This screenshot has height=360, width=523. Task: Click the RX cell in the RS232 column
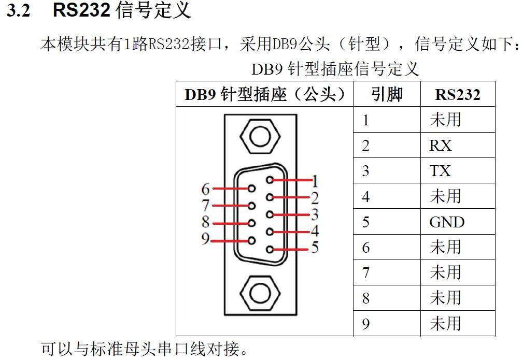[x=441, y=146]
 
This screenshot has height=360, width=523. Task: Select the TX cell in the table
[x=440, y=171]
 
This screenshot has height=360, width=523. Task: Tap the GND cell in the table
[x=446, y=222]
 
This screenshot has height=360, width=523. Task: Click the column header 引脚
[x=387, y=94]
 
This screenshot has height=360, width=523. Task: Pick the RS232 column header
[x=457, y=94]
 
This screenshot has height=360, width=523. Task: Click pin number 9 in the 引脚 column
[x=366, y=324]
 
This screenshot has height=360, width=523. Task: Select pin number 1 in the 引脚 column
[x=366, y=120]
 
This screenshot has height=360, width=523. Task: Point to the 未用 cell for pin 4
[x=445, y=196]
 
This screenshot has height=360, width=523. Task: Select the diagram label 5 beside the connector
[x=315, y=248]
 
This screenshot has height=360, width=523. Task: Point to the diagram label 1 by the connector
[x=315, y=181]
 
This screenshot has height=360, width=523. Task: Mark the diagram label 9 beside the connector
[x=206, y=239]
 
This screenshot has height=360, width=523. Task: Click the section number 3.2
[x=18, y=11]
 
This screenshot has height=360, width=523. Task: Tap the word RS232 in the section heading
[x=81, y=10]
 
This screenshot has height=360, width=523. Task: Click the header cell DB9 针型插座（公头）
[x=264, y=94]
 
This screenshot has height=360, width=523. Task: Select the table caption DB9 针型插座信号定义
[x=335, y=68]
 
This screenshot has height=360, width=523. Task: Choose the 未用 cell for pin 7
[x=445, y=273]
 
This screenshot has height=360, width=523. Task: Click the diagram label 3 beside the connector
[x=315, y=214]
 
